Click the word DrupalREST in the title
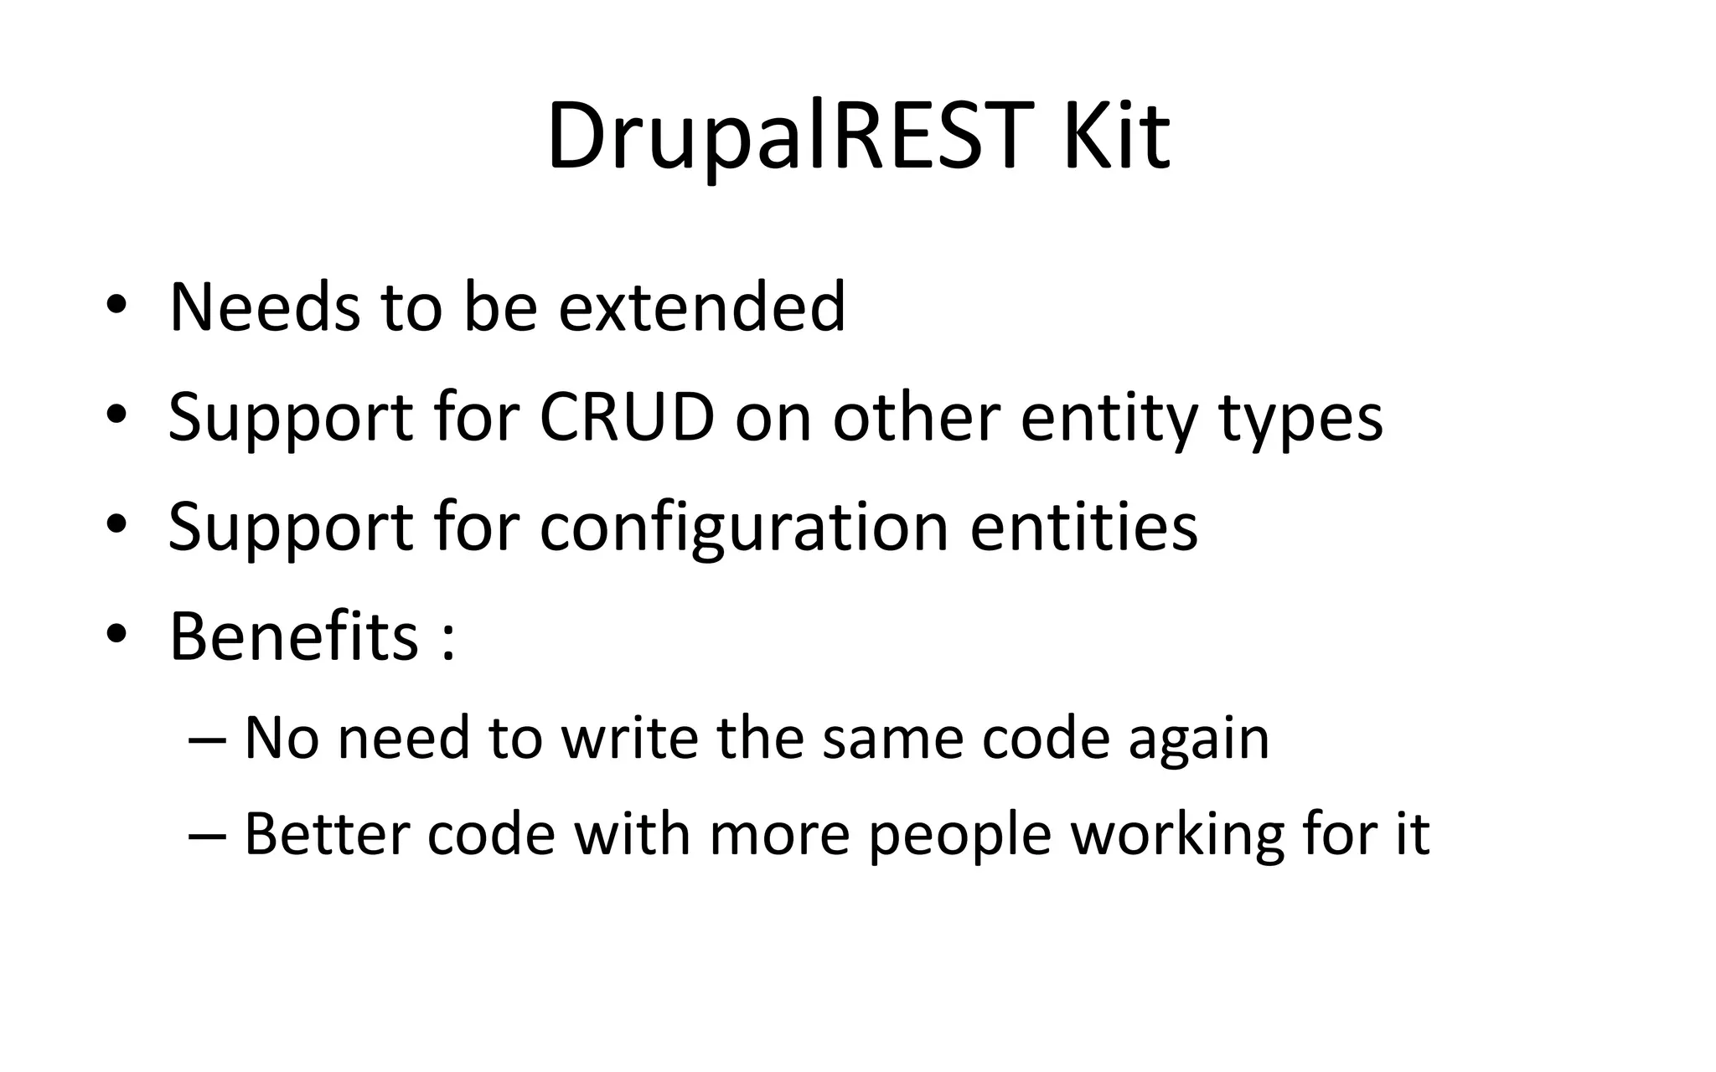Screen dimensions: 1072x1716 (x=785, y=137)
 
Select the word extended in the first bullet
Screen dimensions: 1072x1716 (x=701, y=307)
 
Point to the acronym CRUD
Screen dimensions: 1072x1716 (x=627, y=417)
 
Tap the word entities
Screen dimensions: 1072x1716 (x=1084, y=528)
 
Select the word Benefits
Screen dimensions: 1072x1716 (x=294, y=636)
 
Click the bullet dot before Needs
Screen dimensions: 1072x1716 (x=116, y=307)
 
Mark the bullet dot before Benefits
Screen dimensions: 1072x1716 (x=116, y=636)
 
